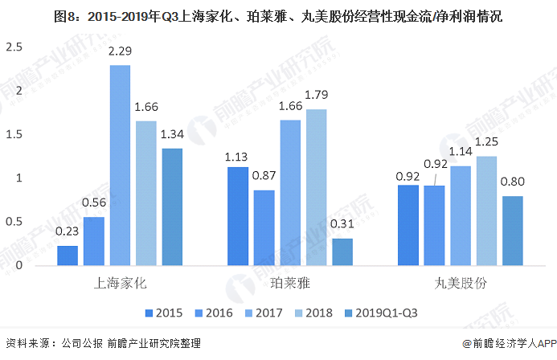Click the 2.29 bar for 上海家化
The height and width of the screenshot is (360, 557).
click(x=120, y=165)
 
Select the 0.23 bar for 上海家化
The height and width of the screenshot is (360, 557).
click(x=68, y=256)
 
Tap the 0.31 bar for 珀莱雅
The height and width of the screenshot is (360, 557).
click(x=342, y=252)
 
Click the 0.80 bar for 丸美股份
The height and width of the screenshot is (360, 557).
click(x=513, y=231)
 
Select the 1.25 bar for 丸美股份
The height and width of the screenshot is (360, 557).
click(x=487, y=211)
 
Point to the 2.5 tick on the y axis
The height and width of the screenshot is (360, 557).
click(x=14, y=47)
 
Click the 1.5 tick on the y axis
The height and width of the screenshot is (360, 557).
click(x=14, y=134)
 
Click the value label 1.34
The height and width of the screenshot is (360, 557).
click(x=171, y=134)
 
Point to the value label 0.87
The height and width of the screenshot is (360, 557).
click(x=264, y=176)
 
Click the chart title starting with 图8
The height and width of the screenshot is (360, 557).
click(x=278, y=15)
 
